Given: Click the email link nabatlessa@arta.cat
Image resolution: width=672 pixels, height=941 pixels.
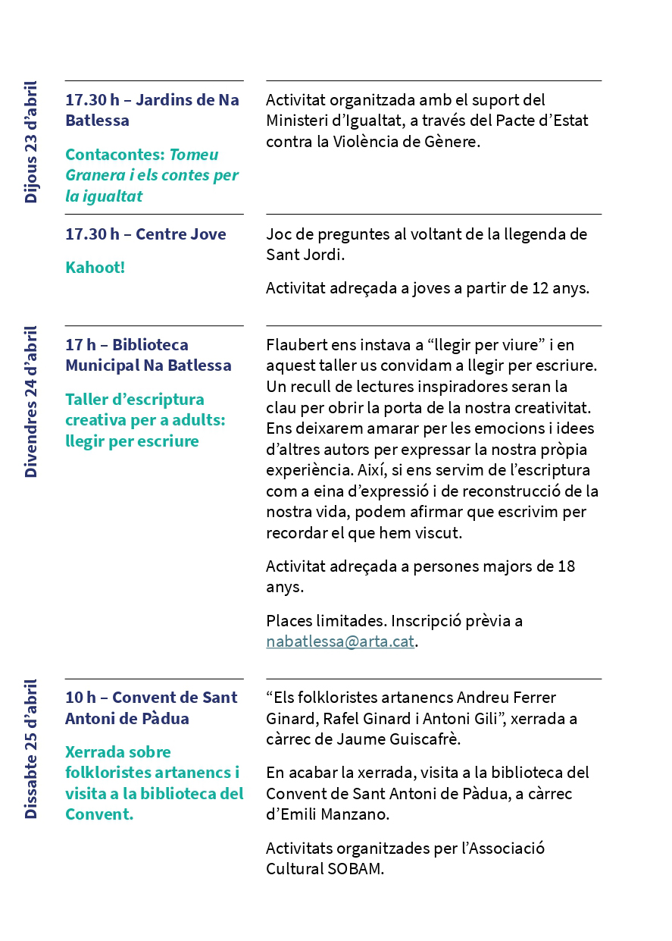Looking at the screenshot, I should point(340,641).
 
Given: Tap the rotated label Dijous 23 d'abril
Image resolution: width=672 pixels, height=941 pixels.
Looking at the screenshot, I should point(31,142).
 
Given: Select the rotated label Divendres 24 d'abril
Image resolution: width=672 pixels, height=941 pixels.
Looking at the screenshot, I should point(31,402).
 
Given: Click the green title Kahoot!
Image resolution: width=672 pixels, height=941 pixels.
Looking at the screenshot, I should point(95,268).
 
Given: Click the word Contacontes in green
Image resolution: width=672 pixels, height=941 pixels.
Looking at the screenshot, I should point(114,155).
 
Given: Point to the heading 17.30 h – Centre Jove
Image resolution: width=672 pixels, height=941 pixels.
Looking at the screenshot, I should point(145,234).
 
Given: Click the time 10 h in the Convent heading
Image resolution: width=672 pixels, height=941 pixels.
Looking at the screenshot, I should point(80,698).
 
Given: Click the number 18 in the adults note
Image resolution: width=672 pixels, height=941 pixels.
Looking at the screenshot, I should point(565,566).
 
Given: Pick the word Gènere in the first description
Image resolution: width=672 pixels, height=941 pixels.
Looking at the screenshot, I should point(453,142).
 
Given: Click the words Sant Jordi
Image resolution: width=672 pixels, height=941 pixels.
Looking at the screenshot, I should point(304,255).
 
